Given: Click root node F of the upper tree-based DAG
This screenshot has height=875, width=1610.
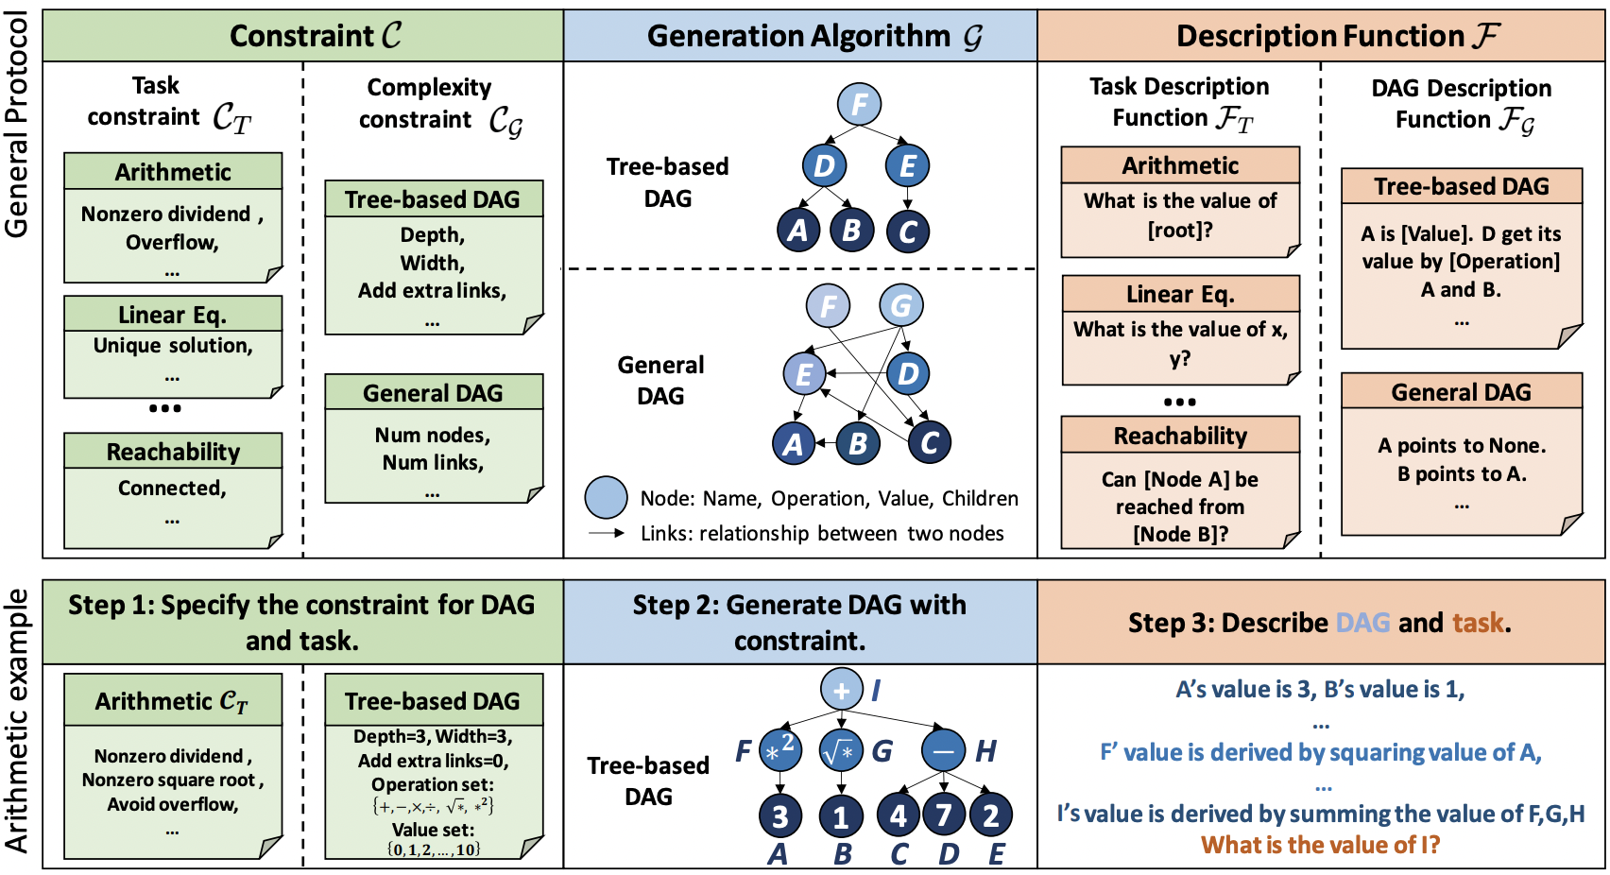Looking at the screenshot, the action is click(859, 104).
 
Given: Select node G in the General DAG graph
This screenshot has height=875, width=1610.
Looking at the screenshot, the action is click(901, 305).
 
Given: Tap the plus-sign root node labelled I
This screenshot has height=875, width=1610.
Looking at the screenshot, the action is click(841, 689).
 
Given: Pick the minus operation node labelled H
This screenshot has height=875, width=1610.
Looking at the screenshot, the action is click(943, 750).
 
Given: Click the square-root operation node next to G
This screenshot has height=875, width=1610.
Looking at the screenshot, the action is click(840, 750).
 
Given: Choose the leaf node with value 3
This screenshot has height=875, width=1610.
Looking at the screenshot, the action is click(779, 816).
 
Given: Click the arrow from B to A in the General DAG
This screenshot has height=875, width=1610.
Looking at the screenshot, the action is click(825, 443).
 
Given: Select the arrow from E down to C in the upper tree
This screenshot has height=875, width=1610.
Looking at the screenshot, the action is click(907, 197).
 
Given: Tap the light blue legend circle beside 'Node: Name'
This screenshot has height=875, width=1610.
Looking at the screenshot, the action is click(606, 498).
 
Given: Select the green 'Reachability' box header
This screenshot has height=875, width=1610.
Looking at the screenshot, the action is click(173, 451).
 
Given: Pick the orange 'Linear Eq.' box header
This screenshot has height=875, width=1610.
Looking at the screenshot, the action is click(1180, 294).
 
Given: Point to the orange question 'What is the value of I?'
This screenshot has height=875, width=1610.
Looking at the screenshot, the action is click(1320, 844).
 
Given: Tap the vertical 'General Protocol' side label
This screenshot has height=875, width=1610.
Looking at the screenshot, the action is click(16, 125).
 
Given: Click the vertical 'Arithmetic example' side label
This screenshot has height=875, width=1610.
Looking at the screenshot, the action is click(16, 721).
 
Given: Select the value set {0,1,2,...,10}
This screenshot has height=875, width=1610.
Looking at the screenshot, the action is click(434, 849).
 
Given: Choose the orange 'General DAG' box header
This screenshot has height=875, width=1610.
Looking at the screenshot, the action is click(1462, 392).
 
